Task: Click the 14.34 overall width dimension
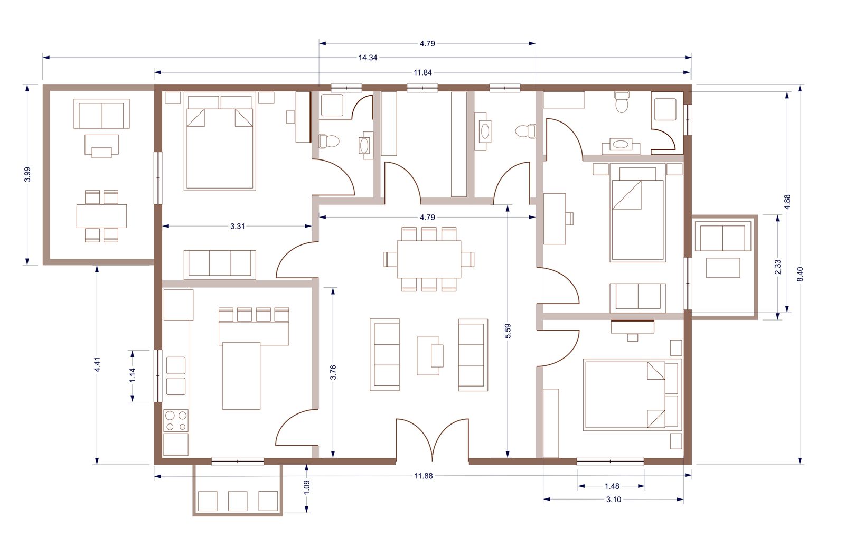[368, 58]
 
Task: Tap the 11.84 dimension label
[422, 72]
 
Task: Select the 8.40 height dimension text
[800, 274]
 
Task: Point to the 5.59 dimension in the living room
[508, 331]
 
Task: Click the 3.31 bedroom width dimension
[237, 226]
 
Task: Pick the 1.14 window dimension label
[133, 375]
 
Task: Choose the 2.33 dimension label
[777, 267]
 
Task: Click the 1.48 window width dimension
[612, 486]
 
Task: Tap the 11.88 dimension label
[423, 476]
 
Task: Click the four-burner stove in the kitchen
[176, 421]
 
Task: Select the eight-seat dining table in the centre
[429, 259]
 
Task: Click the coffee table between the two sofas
[430, 355]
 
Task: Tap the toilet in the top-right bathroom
[622, 102]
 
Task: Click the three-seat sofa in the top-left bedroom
[220, 265]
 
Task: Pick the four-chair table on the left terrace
[101, 216]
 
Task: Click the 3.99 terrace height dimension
[27, 174]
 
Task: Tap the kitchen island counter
[241, 375]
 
